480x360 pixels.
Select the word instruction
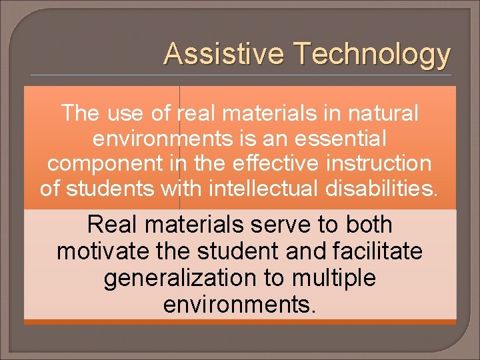click(379, 164)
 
